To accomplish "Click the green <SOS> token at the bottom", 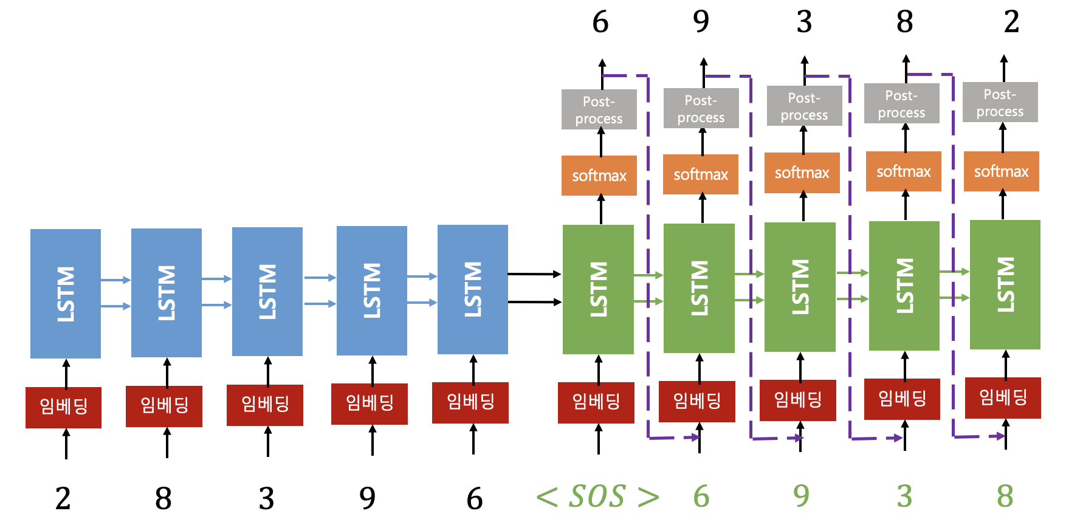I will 597,496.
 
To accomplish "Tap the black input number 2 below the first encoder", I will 63,498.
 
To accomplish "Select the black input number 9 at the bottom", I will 367,498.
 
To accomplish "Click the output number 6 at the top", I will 600,22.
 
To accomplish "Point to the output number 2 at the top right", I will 1011,22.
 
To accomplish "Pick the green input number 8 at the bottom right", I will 1005,496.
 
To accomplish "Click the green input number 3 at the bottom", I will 904,496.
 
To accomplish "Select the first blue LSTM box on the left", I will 66,293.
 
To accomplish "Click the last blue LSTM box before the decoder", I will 473,290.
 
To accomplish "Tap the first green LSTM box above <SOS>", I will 598,289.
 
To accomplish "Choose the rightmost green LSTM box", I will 1005,284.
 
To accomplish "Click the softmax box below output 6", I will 599,176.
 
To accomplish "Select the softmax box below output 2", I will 1001,171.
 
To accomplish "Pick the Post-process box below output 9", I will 701,108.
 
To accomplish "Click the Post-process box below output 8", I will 901,104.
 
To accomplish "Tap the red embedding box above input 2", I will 63,407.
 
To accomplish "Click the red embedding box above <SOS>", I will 596,402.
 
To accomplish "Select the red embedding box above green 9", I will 797,400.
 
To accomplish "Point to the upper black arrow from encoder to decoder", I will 534,274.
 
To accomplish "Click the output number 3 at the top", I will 804,22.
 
